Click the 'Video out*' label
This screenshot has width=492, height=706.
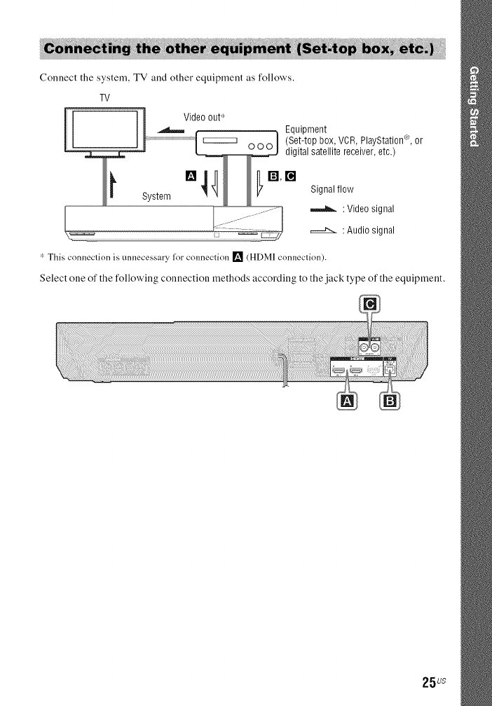coord(204,116)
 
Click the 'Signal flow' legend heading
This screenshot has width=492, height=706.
coord(332,190)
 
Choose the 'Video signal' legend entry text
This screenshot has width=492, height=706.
coord(369,209)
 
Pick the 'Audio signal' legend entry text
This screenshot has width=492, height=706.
coord(369,230)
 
